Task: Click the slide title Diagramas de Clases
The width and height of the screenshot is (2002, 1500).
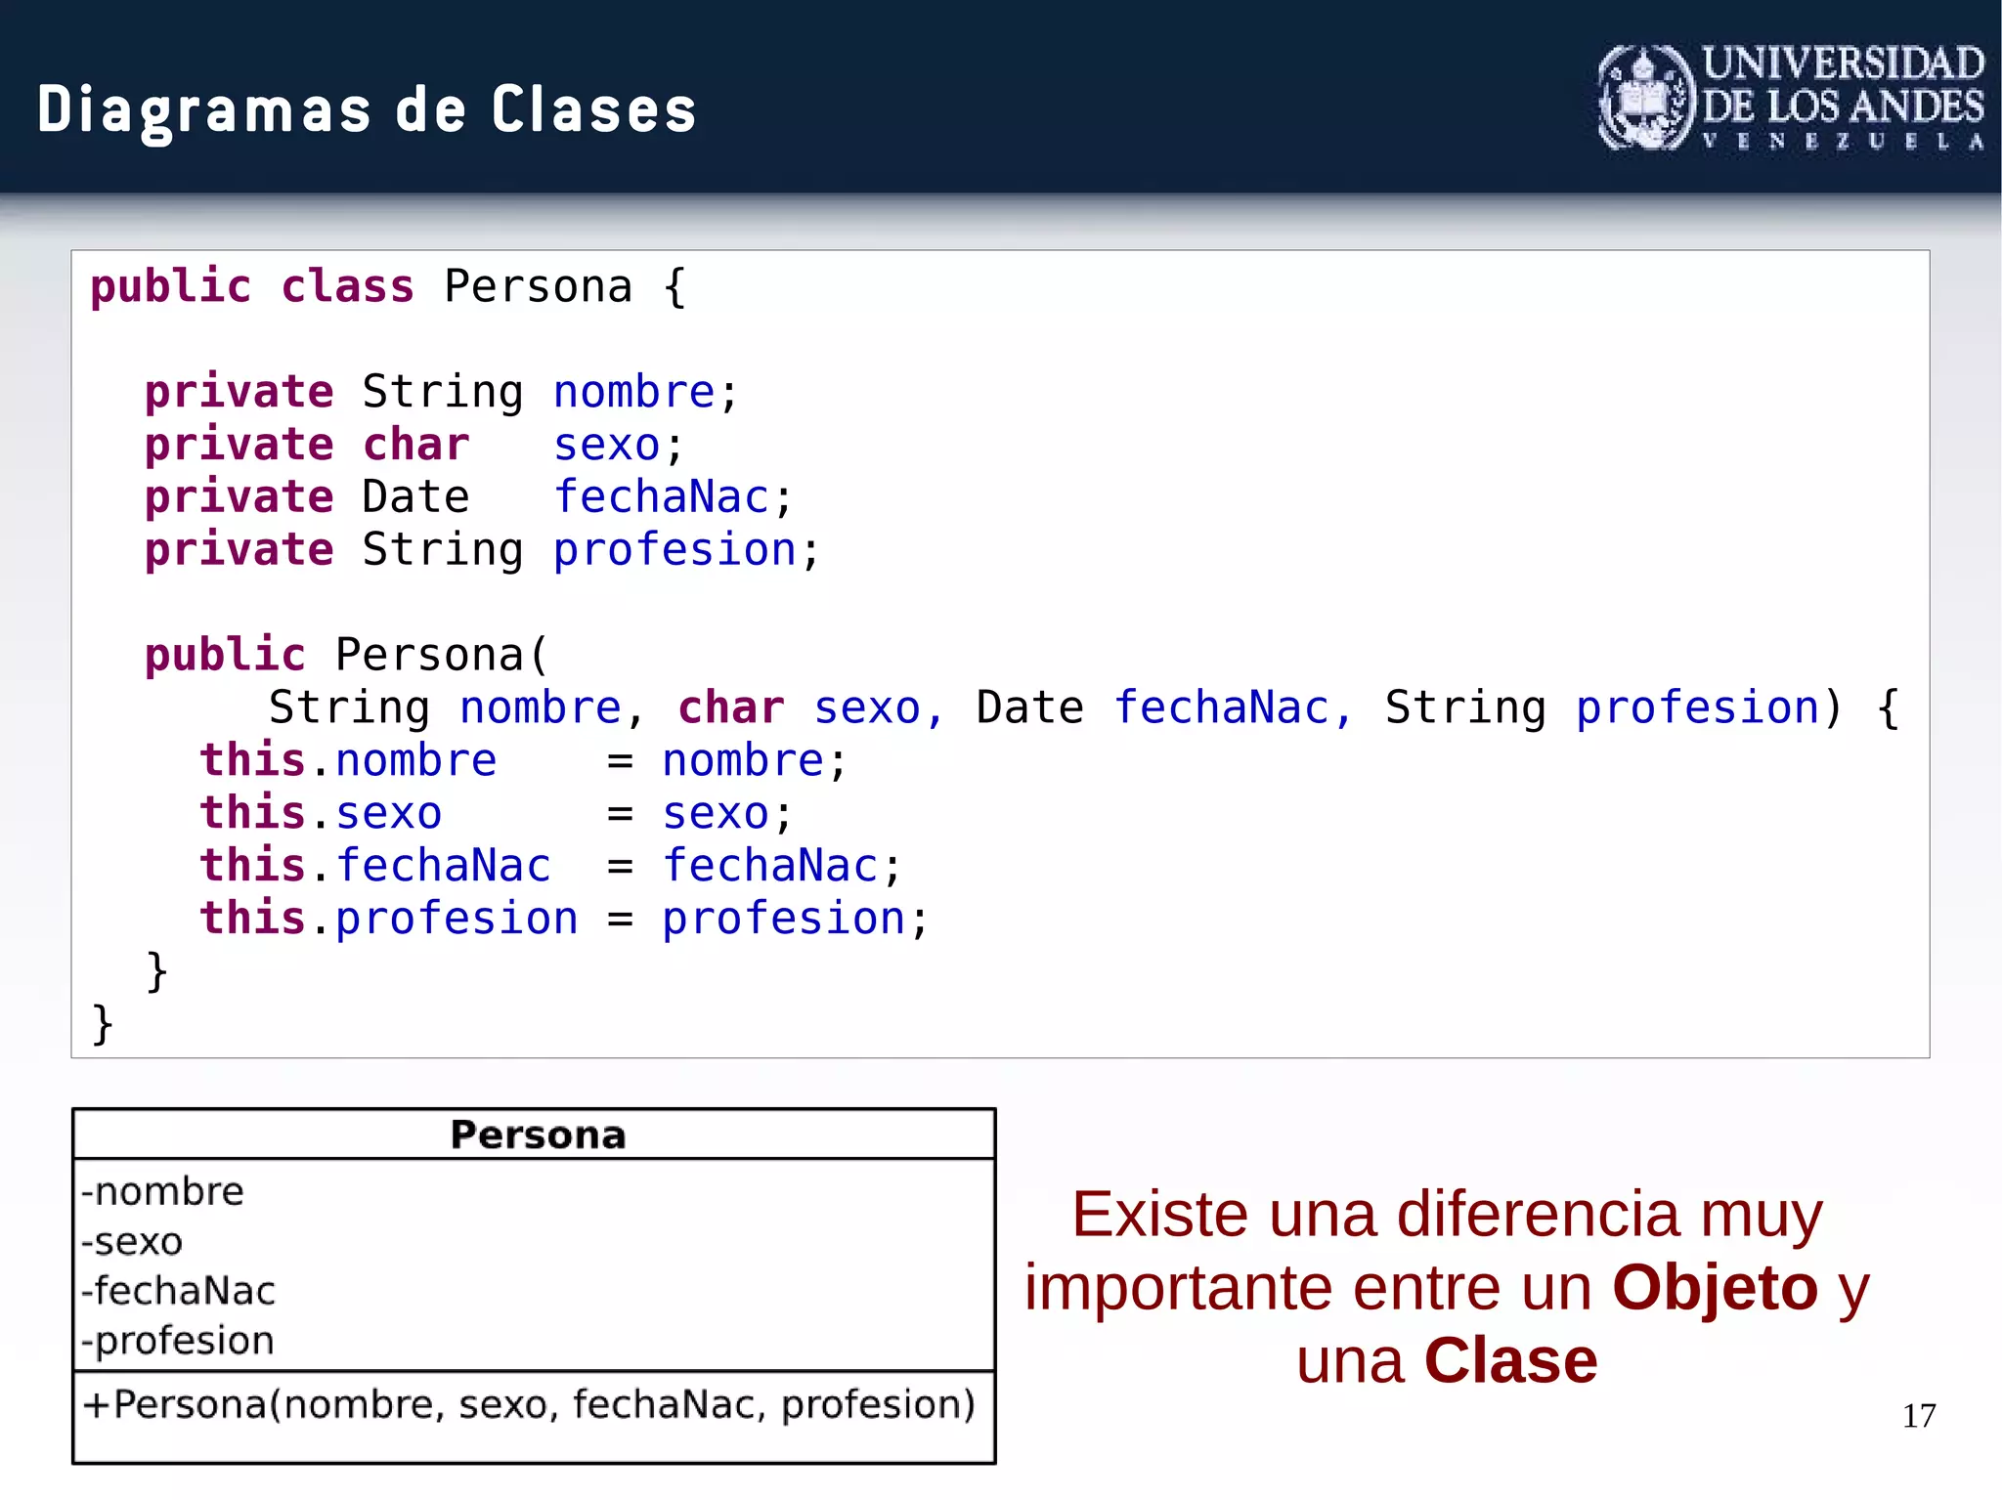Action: point(367,109)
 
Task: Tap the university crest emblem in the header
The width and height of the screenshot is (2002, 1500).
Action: point(1646,99)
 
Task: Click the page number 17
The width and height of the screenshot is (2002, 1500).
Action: point(1918,1416)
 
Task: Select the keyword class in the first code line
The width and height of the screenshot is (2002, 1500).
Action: point(347,287)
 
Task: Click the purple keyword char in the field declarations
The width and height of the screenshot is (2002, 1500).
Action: point(415,446)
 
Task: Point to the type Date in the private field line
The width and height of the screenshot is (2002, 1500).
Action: point(415,497)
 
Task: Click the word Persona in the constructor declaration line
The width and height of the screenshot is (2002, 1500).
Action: point(430,655)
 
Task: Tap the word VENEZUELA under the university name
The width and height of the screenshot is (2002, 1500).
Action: point(1842,142)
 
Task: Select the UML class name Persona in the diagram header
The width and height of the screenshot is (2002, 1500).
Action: point(538,1136)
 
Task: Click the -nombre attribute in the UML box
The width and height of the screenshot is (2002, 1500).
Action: point(162,1192)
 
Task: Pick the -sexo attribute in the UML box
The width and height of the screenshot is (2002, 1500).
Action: point(132,1242)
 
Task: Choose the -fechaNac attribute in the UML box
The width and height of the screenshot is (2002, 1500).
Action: point(178,1292)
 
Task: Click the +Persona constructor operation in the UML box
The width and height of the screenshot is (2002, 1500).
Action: point(529,1405)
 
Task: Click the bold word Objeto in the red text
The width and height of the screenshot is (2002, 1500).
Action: point(1715,1288)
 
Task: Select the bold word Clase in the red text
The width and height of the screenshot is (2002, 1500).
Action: point(1510,1361)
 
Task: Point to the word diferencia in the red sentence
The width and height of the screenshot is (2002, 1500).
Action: point(1539,1215)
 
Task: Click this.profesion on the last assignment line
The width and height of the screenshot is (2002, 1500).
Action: point(388,920)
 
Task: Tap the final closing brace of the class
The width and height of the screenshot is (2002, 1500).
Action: point(103,1025)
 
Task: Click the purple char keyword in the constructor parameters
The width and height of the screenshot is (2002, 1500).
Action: point(730,708)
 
